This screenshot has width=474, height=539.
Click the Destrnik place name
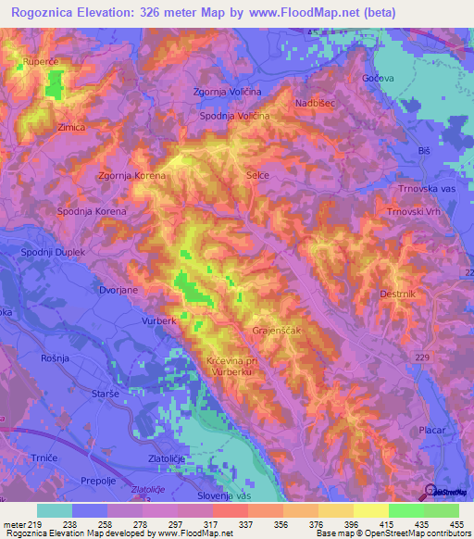(x=399, y=294)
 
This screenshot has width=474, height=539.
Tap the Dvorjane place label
(x=118, y=290)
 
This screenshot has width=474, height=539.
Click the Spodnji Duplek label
(x=54, y=252)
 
